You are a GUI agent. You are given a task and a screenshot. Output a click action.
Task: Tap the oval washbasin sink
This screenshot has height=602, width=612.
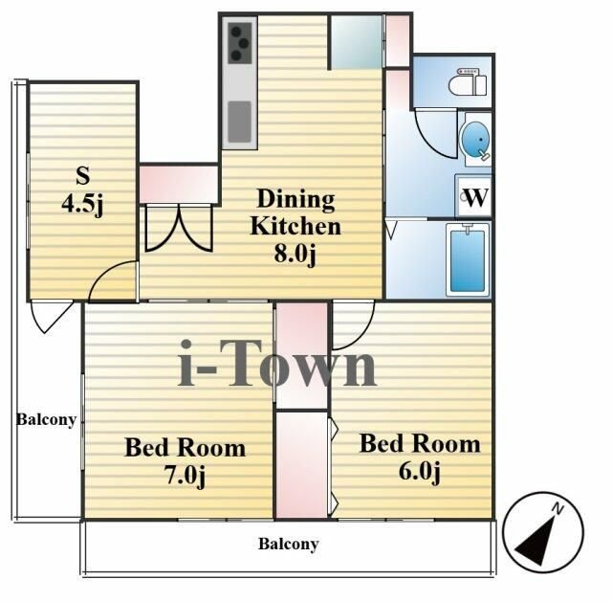tap(476, 140)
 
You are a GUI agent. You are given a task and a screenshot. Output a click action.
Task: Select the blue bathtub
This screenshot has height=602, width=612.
tap(468, 259)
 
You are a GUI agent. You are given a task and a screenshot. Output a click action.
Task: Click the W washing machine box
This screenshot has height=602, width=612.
tap(474, 197)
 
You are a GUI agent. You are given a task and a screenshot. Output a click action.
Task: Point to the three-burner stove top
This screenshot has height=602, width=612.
tap(240, 42)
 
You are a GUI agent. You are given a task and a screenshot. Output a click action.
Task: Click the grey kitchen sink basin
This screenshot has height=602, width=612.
tap(239, 122)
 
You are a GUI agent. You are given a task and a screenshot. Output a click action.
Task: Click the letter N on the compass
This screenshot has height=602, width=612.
tap(558, 508)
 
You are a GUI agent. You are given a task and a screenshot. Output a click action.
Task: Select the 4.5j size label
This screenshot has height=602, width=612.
tap(82, 204)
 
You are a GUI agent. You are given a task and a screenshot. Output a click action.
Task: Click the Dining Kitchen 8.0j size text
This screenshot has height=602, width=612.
tap(295, 254)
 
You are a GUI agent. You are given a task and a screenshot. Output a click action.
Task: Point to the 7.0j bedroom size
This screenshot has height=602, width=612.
tap(185, 476)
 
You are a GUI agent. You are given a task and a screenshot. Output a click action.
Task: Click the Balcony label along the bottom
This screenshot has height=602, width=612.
tap(289, 544)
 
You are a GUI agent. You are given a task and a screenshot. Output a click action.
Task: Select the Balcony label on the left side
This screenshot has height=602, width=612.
tap(46, 420)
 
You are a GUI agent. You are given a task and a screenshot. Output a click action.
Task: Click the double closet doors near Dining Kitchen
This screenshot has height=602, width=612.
tap(179, 228)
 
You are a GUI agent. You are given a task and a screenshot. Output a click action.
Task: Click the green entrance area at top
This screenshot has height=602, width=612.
tap(357, 42)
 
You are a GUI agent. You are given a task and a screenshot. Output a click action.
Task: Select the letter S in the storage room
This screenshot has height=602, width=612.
tap(83, 175)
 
